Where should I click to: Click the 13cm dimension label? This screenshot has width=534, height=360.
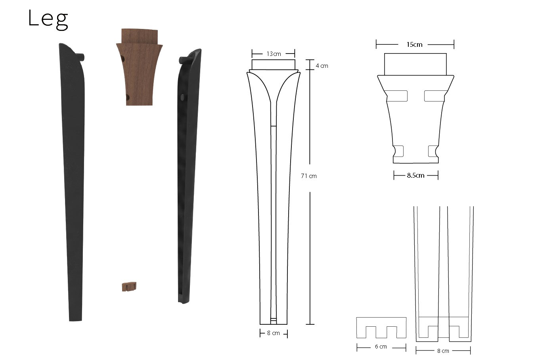(x=274, y=54)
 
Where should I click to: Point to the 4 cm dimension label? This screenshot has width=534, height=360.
(x=322, y=66)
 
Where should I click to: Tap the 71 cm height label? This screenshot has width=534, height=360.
(x=309, y=176)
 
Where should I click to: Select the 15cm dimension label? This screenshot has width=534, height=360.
(x=414, y=44)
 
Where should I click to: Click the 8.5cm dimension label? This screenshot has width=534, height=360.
(x=415, y=176)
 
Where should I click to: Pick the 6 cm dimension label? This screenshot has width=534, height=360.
(x=381, y=347)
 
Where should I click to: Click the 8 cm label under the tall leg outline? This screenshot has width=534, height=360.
(x=274, y=333)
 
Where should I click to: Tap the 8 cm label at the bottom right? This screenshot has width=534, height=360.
(x=443, y=351)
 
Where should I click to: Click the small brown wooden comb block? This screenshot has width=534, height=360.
(x=129, y=287)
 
